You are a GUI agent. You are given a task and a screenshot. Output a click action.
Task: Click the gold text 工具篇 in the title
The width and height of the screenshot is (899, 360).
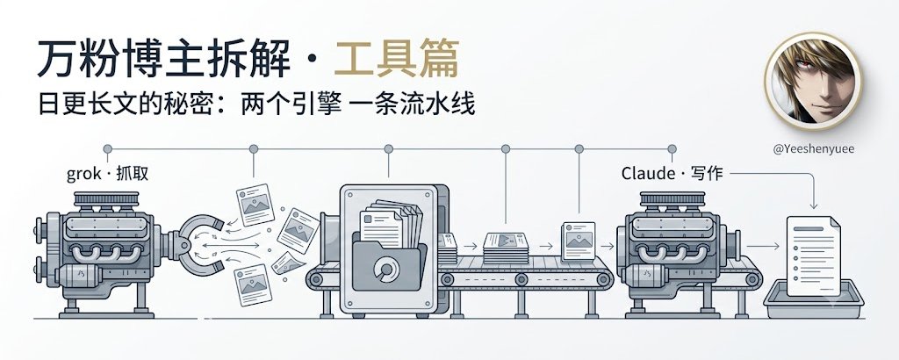pyautogui.click(x=397, y=58)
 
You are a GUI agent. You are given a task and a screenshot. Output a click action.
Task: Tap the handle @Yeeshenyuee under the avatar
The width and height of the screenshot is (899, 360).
pyautogui.click(x=814, y=149)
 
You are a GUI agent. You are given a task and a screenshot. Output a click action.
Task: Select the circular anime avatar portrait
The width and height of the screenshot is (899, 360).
pyautogui.click(x=813, y=81)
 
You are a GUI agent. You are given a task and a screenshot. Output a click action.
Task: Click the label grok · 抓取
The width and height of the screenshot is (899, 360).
pyautogui.click(x=107, y=174)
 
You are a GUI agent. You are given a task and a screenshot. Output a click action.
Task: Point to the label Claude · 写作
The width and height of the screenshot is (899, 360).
pyautogui.click(x=672, y=173)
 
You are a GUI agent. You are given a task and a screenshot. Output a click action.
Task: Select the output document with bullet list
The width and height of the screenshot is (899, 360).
pyautogui.click(x=813, y=256)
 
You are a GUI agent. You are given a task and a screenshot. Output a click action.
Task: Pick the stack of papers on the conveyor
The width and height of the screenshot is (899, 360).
pyautogui.click(x=506, y=248)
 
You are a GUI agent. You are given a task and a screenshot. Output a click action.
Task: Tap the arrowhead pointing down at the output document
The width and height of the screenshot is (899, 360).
pyautogui.click(x=813, y=205)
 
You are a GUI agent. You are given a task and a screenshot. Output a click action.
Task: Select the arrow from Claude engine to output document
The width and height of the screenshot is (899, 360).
pyautogui.click(x=763, y=247)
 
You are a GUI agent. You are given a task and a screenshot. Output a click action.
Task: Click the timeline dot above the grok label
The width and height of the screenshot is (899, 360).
pyautogui.click(x=107, y=149)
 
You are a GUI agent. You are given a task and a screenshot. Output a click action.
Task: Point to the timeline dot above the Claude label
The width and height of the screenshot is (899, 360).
pyautogui.click(x=672, y=149)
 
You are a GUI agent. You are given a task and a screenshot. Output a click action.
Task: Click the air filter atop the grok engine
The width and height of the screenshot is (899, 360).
pyautogui.click(x=106, y=200)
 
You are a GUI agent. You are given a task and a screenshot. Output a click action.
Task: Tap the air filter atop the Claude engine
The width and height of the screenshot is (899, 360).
pyautogui.click(x=672, y=200)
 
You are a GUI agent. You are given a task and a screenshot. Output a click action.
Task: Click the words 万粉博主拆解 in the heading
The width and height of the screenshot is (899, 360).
pyautogui.click(x=163, y=58)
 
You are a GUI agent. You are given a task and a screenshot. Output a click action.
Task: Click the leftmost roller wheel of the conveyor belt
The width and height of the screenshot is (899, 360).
pyautogui.click(x=316, y=280)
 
